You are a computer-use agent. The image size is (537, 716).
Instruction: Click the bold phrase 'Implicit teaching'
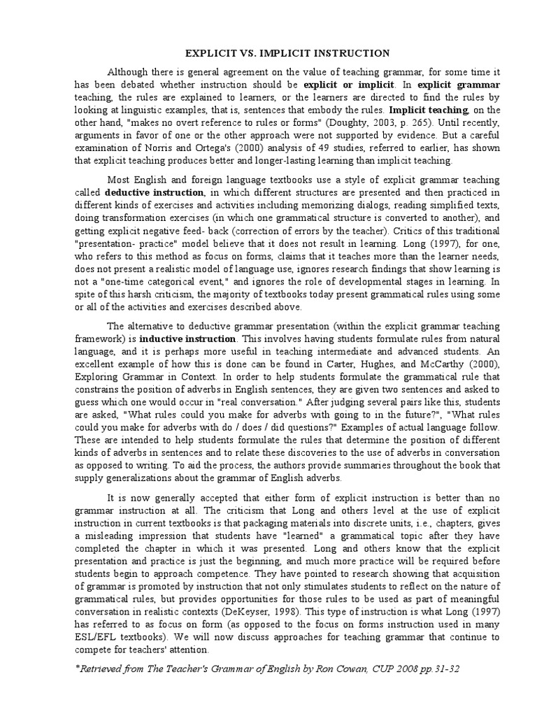428,110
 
